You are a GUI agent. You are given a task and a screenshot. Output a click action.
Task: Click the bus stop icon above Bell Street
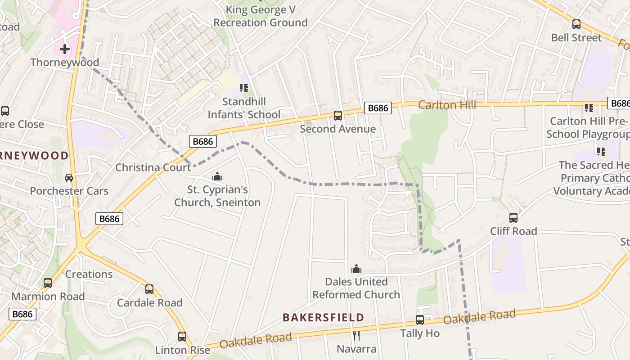tap(576, 24)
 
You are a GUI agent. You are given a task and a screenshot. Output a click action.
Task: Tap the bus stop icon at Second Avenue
tap(338, 116)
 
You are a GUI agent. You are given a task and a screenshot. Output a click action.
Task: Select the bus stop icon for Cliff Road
tap(513, 218)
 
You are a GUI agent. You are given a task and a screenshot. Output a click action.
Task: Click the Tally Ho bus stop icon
tap(420, 320)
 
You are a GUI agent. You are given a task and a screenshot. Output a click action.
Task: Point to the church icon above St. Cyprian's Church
tap(217, 176)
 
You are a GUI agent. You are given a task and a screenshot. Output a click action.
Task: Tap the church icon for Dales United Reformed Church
tap(356, 269)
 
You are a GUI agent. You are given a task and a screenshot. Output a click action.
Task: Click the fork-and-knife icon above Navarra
tap(356, 335)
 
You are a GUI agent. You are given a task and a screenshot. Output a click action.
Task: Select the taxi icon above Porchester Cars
tap(69, 178)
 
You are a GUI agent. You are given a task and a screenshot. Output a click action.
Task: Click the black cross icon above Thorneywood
tap(65, 49)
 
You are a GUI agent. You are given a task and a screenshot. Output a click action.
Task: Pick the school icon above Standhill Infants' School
tap(244, 88)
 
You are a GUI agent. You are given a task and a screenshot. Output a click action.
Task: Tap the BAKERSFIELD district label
tap(323, 317)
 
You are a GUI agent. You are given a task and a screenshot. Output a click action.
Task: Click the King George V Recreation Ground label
tap(261, 16)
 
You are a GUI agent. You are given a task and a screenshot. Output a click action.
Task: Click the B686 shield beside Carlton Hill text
tap(378, 108)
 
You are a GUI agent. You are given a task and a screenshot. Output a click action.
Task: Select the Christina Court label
tap(153, 167)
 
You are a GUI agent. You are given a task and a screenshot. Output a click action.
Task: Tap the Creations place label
tap(89, 274)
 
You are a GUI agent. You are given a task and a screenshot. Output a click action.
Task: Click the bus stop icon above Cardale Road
tap(149, 289)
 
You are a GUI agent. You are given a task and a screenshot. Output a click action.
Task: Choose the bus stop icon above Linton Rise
tap(182, 336)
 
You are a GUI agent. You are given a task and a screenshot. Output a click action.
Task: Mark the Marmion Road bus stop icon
tap(48, 283)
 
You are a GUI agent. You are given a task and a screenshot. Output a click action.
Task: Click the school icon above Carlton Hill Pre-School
tap(589, 108)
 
